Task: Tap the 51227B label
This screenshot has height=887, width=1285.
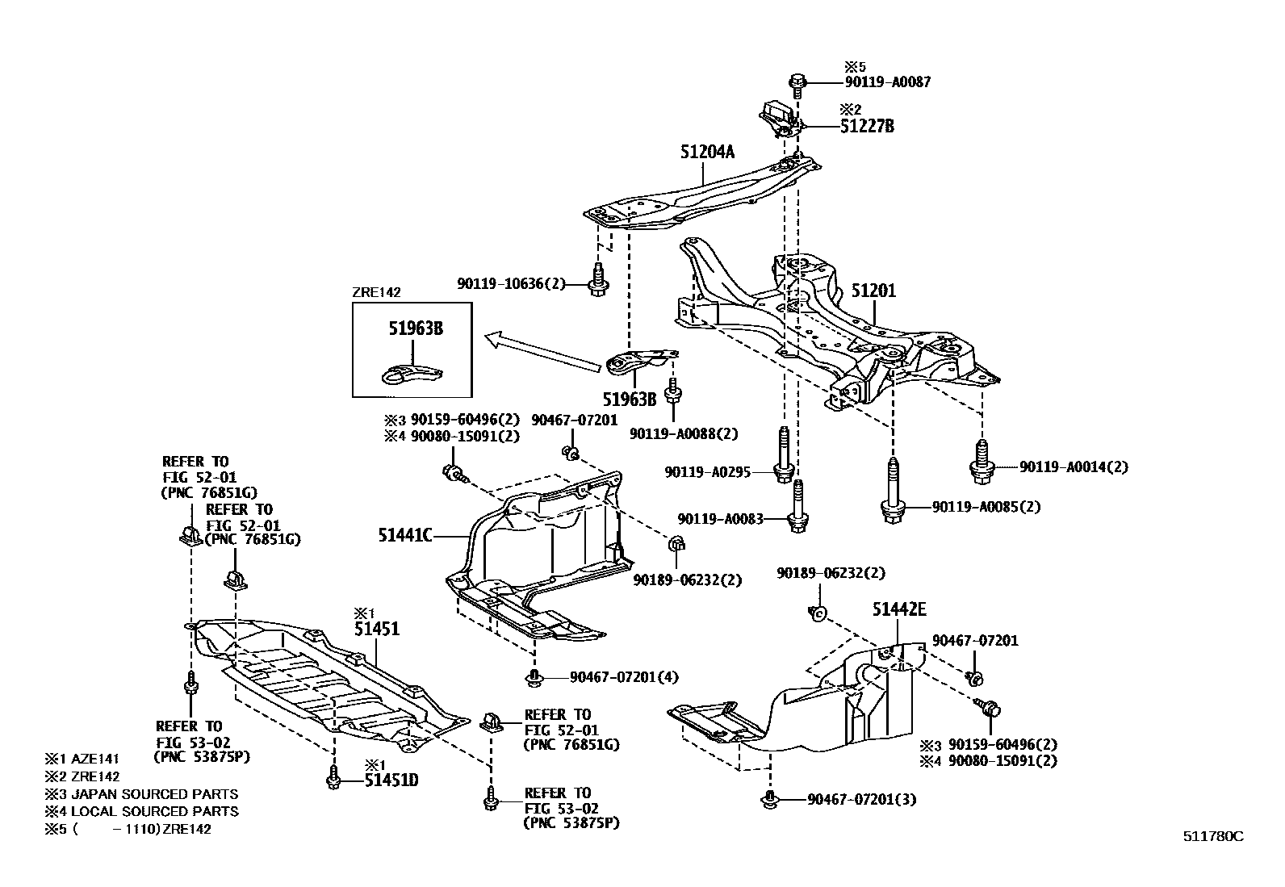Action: (866, 126)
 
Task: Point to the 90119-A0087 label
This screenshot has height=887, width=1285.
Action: (887, 82)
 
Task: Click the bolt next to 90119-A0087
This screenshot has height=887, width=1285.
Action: (797, 82)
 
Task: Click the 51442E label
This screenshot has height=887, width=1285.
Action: (899, 610)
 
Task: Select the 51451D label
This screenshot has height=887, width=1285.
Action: (391, 780)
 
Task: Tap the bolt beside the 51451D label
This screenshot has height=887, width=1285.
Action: (333, 779)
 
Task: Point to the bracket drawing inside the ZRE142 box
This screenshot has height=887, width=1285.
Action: (412, 372)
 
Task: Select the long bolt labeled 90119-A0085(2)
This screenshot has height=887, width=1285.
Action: (893, 492)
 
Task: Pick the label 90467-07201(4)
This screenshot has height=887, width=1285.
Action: (624, 676)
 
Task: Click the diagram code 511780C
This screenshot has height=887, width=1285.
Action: (1213, 836)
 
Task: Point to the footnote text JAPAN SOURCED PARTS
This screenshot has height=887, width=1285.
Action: (154, 794)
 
